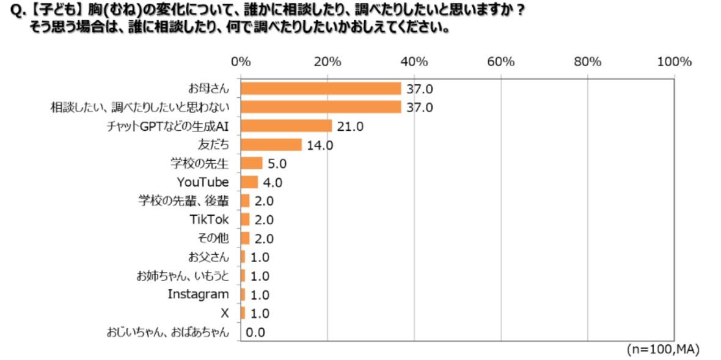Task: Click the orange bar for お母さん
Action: pyautogui.click(x=321, y=89)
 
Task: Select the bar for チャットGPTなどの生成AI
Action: pyautogui.click(x=286, y=126)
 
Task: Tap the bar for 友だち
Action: pyautogui.click(x=271, y=145)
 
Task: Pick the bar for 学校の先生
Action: pyautogui.click(x=252, y=163)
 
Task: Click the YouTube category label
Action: pyautogui.click(x=203, y=182)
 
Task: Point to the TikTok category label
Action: pyautogui.click(x=210, y=219)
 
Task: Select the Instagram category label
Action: pyautogui.click(x=198, y=294)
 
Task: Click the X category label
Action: pyautogui.click(x=224, y=313)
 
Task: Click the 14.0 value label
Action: pyautogui.click(x=320, y=145)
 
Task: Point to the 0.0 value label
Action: pyautogui.click(x=257, y=332)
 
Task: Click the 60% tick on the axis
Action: pyautogui.click(x=501, y=62)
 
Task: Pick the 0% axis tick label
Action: pyautogui.click(x=241, y=62)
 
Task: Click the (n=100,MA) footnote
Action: pyautogui.click(x=663, y=349)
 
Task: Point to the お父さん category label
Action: pyautogui.click(x=209, y=257)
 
